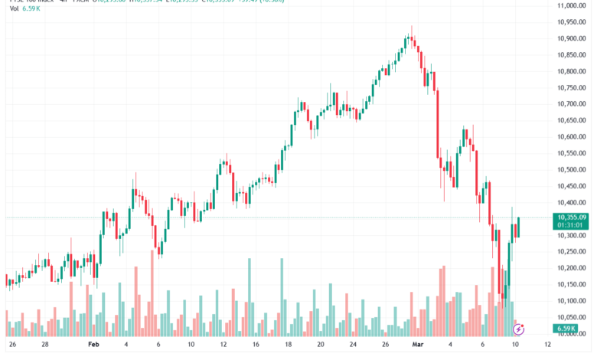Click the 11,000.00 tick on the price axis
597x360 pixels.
(x=572, y=5)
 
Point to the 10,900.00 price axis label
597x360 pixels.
(x=572, y=38)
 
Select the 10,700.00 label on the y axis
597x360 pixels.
(x=572, y=103)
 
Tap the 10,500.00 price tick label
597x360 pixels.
(x=572, y=169)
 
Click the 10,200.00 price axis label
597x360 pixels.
(x=572, y=267)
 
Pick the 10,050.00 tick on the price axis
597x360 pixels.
(x=572, y=316)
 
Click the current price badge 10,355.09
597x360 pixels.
(x=572, y=218)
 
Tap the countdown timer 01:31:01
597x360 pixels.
(x=572, y=226)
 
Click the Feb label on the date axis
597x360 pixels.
(x=93, y=345)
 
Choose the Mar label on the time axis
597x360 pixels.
(x=417, y=345)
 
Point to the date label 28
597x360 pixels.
(x=45, y=345)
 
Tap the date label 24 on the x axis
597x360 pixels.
(x=353, y=345)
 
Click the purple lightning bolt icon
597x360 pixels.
(x=518, y=329)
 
